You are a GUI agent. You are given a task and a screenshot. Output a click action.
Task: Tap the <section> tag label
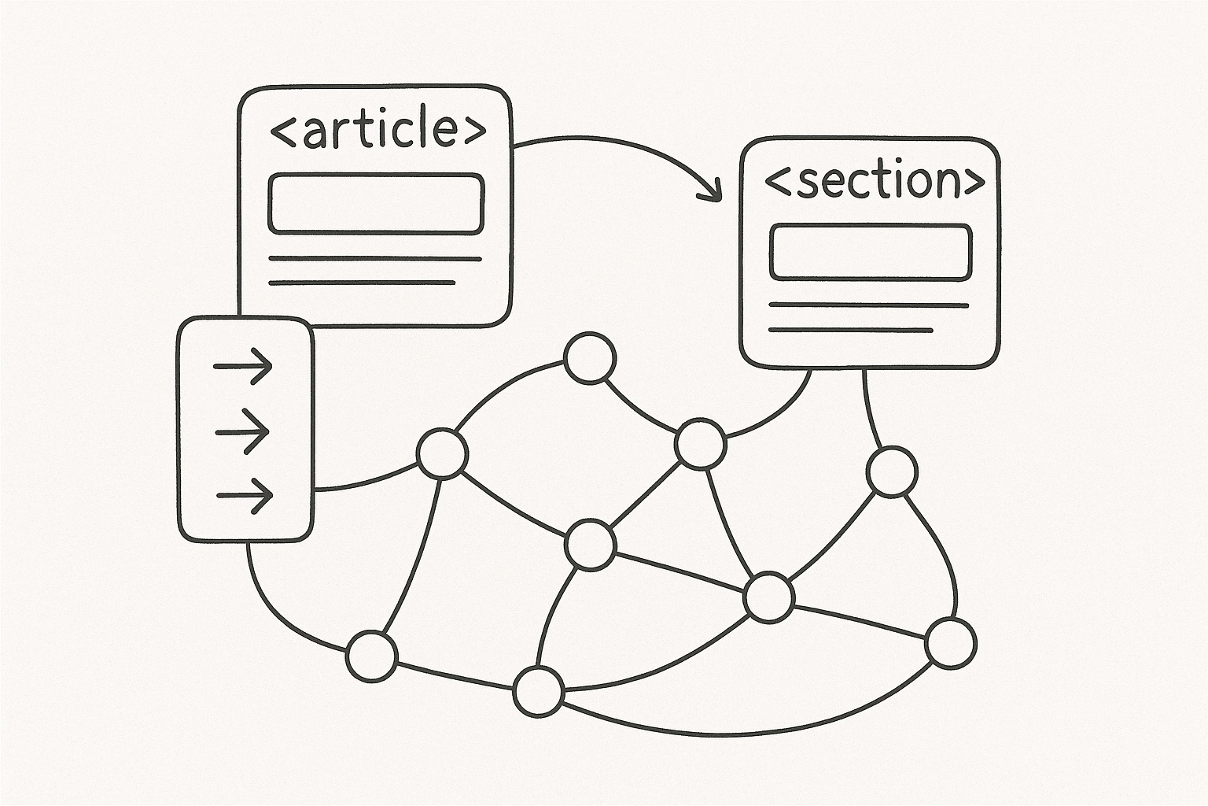[874, 181]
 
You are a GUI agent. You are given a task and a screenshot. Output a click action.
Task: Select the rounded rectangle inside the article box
[375, 204]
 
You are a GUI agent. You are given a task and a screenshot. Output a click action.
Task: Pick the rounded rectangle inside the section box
[870, 252]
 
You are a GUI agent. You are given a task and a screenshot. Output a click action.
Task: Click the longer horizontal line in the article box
[375, 258]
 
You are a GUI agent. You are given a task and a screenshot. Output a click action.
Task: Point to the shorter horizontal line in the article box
[362, 282]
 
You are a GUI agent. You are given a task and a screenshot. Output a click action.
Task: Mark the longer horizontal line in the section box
[868, 305]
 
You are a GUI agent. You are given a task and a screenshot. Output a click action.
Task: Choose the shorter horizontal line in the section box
[850, 330]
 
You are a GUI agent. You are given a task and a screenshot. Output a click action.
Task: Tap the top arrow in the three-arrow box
[244, 366]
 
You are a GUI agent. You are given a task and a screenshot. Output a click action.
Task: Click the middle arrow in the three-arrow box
[243, 431]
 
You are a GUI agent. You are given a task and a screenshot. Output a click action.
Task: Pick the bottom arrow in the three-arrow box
[245, 495]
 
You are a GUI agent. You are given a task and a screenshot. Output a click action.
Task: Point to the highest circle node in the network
[590, 358]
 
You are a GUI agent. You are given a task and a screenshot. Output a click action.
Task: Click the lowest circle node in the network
[539, 692]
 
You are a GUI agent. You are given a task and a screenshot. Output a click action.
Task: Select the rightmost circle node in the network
[951, 644]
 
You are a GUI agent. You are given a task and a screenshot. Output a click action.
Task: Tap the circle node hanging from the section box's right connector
[892, 471]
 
